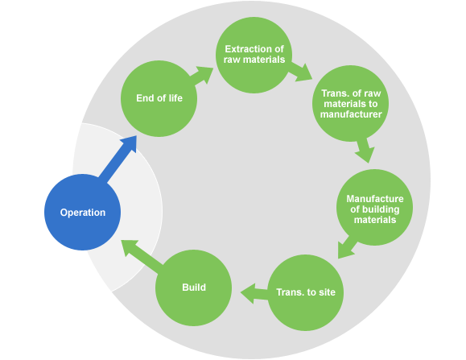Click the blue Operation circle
tap(83, 212)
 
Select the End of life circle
tap(159, 98)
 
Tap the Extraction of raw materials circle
tap(254, 55)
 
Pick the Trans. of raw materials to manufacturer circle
tap(350, 103)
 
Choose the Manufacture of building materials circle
tap(374, 207)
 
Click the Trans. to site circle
tap(306, 292)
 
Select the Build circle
tap(193, 288)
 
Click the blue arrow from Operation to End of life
tap(118, 159)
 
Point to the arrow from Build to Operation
tap(142, 252)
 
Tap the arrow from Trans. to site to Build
tap(254, 293)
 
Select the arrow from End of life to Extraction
tap(201, 76)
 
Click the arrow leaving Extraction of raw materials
tap(301, 72)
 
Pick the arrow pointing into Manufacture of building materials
tap(365, 150)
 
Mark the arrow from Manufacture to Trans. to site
tap(348, 247)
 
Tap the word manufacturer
tap(351, 114)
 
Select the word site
tap(327, 292)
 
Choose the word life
tap(175, 98)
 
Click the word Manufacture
tap(375, 199)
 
